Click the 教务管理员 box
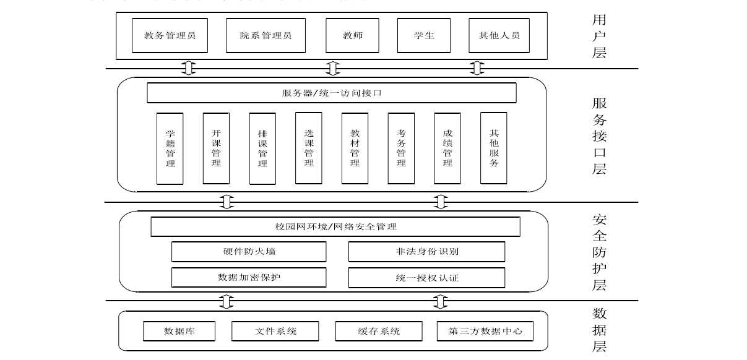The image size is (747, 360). click(x=170, y=35)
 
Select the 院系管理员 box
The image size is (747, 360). click(x=266, y=35)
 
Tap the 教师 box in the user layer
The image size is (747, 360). click(x=353, y=35)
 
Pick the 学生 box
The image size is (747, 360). click(x=424, y=35)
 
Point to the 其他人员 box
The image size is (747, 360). click(x=499, y=35)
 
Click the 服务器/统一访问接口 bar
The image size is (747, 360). click(x=332, y=93)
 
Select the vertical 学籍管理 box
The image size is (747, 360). click(x=170, y=148)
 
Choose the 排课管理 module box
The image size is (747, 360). click(x=262, y=148)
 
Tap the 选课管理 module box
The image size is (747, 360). click(x=309, y=148)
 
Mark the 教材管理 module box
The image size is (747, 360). click(x=355, y=148)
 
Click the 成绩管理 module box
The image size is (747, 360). click(x=447, y=148)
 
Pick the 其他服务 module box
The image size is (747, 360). click(x=494, y=148)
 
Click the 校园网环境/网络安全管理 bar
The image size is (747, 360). click(x=335, y=227)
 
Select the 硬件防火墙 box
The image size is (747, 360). click(x=249, y=252)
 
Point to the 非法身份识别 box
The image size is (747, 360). click(x=427, y=252)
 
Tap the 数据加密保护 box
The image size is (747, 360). click(x=249, y=278)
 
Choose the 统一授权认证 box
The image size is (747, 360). click(x=427, y=278)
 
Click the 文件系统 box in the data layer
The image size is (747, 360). click(x=275, y=331)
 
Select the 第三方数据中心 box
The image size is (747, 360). click(x=485, y=331)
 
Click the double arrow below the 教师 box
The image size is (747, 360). click(x=333, y=68)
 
